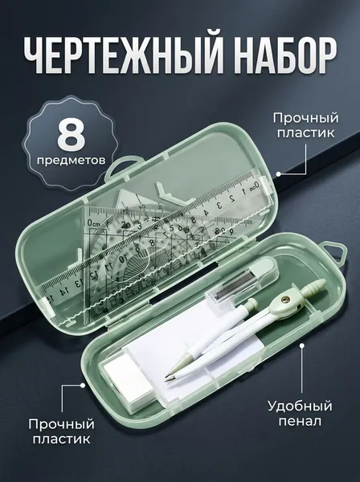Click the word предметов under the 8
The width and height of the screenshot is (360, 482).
click(x=71, y=160)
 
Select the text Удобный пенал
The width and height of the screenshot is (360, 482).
click(x=300, y=414)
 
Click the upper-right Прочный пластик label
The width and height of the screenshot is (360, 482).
click(x=305, y=126)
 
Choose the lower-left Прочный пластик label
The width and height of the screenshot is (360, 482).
click(x=62, y=431)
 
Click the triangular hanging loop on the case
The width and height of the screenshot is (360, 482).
click(x=334, y=253)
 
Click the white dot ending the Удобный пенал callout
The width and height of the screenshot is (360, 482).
click(x=302, y=346)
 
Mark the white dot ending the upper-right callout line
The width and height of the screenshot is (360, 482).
click(x=278, y=174)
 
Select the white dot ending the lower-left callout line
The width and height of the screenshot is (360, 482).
click(x=82, y=385)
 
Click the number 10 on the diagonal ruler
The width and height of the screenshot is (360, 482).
click(x=122, y=259)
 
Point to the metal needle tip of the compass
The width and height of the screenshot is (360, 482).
click(x=166, y=381)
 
